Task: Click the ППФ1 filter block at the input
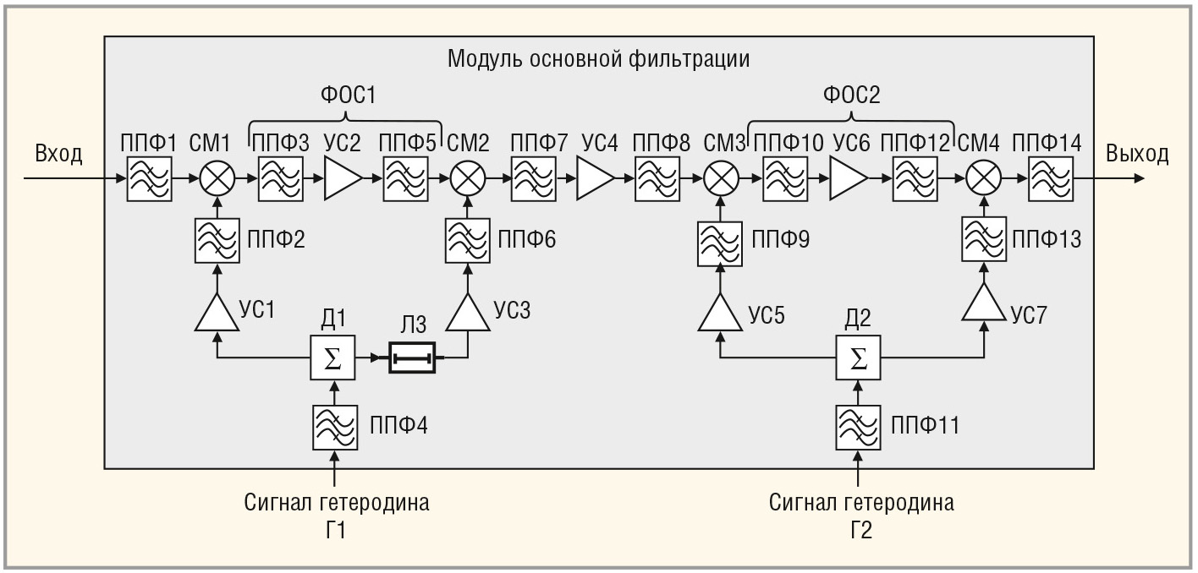coord(149,179)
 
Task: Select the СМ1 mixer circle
coord(219,179)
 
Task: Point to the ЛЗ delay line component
coord(411,357)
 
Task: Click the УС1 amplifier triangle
coord(218,312)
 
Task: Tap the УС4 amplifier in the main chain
coord(595,179)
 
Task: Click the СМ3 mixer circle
coord(721,179)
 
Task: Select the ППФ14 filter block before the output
coord(1049,179)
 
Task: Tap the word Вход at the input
coord(58,154)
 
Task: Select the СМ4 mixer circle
coord(983,179)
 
